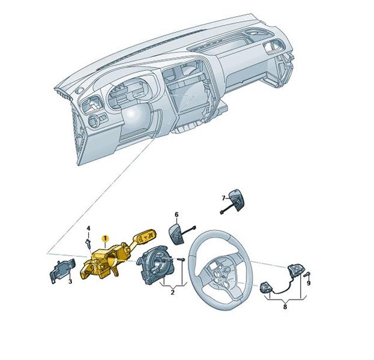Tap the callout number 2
172,292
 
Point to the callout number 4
88,229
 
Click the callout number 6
176,214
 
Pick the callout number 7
222,197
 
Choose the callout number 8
285,306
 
